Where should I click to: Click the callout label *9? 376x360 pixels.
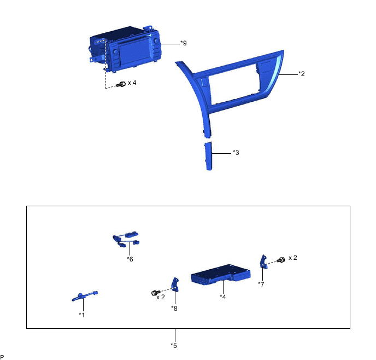(184, 43)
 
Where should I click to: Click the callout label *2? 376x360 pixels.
(302, 74)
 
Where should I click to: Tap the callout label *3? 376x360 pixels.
(236, 153)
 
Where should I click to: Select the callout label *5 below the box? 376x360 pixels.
(174, 346)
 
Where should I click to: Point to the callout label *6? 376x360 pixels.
(130, 259)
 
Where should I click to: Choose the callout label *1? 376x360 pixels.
(82, 315)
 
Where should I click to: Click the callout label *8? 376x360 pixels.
(174, 309)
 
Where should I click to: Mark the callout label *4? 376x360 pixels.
(223, 297)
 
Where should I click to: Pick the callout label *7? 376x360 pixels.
(261, 284)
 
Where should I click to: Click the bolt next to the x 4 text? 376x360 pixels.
(121, 84)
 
